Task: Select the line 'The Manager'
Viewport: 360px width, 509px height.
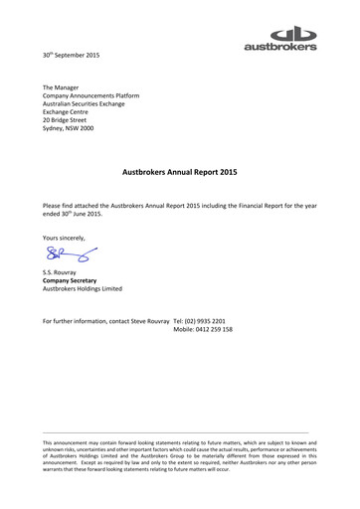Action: [x=62, y=88]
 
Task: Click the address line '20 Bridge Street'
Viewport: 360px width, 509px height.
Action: [x=71, y=120]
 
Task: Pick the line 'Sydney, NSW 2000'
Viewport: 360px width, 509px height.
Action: [x=73, y=128]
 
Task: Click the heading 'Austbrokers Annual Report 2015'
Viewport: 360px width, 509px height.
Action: [x=179, y=171]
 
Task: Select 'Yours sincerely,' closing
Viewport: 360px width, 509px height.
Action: [x=65, y=237]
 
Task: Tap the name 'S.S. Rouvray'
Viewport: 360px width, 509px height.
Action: [x=62, y=272]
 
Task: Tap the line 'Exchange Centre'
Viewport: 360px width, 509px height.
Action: [x=68, y=112]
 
